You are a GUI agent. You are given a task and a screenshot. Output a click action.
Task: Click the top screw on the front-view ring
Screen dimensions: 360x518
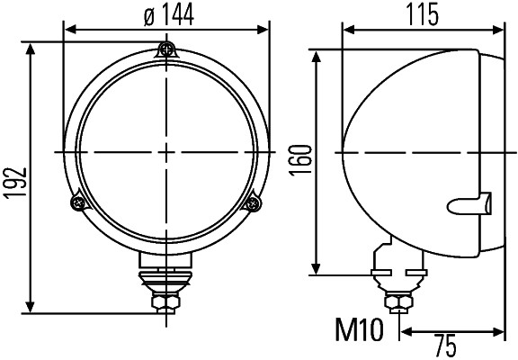pyautogui.click(x=165, y=49)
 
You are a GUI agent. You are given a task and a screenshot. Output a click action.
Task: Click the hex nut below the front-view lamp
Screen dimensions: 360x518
pyautogui.click(x=165, y=301)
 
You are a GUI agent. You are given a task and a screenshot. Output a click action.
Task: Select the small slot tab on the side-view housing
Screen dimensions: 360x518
pyautogui.click(x=471, y=205)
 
